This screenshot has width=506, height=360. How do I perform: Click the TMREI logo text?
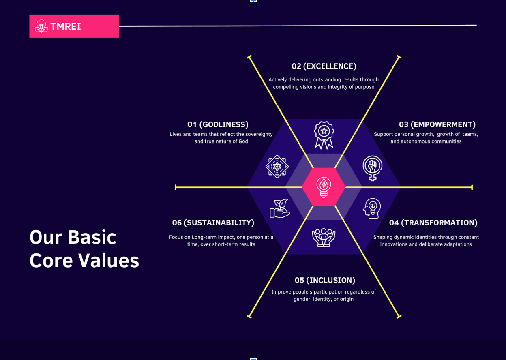tap(66, 26)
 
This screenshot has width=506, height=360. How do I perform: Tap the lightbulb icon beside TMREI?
tap(41, 26)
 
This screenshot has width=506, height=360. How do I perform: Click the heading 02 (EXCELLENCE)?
tap(324, 66)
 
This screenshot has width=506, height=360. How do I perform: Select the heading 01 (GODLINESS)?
tap(218, 124)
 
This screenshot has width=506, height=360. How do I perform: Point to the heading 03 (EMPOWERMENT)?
tap(437, 124)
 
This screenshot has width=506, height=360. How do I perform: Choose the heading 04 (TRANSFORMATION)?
tap(433, 223)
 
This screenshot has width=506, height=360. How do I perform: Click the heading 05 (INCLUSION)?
tap(325, 280)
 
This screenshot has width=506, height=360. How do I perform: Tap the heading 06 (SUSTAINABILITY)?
tap(213, 223)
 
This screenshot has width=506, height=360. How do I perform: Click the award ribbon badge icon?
tap(324, 135)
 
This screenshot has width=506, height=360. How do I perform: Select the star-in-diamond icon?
tap(277, 167)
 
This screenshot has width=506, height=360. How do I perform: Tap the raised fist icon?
tap(373, 168)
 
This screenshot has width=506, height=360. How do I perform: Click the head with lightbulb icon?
tap(372, 208)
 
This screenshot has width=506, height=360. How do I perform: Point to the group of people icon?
tap(324, 238)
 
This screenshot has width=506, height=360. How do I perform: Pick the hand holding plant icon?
tap(280, 208)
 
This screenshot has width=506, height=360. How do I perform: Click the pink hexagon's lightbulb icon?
tap(324, 187)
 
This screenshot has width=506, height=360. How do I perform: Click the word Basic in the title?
tap(92, 238)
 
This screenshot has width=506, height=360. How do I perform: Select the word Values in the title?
tap(109, 260)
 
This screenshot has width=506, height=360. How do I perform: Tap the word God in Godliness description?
tap(243, 141)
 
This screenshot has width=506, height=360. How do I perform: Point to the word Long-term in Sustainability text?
tap(202, 238)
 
